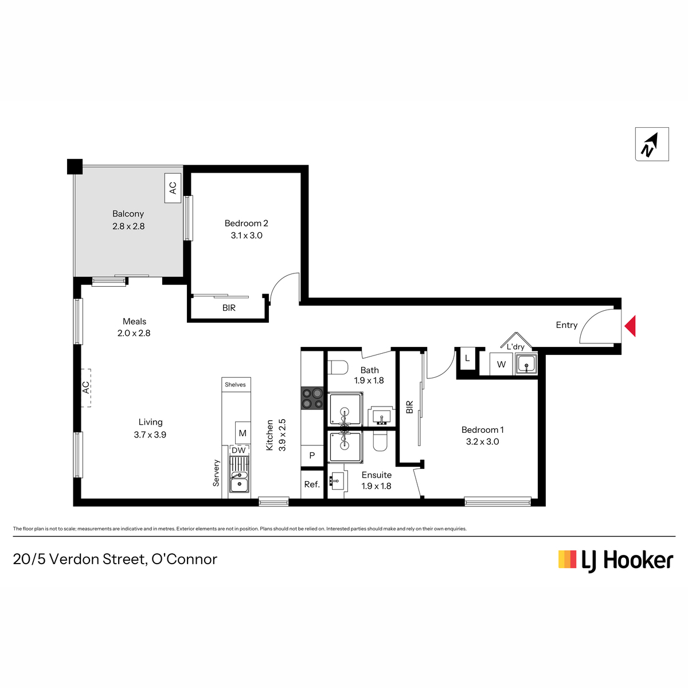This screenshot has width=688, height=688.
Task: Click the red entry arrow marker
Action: click(x=631, y=326)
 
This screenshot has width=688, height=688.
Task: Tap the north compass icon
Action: click(x=651, y=144)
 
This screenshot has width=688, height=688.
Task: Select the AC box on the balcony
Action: click(x=173, y=188)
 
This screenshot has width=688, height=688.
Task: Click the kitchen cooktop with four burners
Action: click(x=312, y=398)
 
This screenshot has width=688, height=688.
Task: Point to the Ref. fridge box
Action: click(x=312, y=484)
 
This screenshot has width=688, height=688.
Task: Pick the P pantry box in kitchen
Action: click(x=312, y=456)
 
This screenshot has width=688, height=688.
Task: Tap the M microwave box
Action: click(x=243, y=433)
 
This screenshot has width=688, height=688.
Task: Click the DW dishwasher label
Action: click(x=239, y=450)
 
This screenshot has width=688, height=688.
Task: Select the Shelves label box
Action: click(x=236, y=385)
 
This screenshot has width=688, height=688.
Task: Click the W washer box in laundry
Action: click(x=501, y=364)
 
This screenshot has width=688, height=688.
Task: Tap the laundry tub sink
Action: click(x=526, y=364)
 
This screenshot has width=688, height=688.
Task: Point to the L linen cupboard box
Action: click(x=467, y=358)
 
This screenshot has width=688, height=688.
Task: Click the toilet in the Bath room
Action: click(x=338, y=368)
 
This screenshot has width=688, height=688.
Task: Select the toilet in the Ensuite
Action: click(x=381, y=441)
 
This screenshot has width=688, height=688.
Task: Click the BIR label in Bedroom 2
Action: click(x=229, y=308)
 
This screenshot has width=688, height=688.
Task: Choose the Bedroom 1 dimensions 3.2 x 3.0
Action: click(x=482, y=441)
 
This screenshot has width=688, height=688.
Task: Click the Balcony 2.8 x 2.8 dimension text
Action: click(x=128, y=226)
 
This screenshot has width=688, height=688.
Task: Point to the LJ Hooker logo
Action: click(x=616, y=560)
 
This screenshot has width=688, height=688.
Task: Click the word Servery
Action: click(x=216, y=472)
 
